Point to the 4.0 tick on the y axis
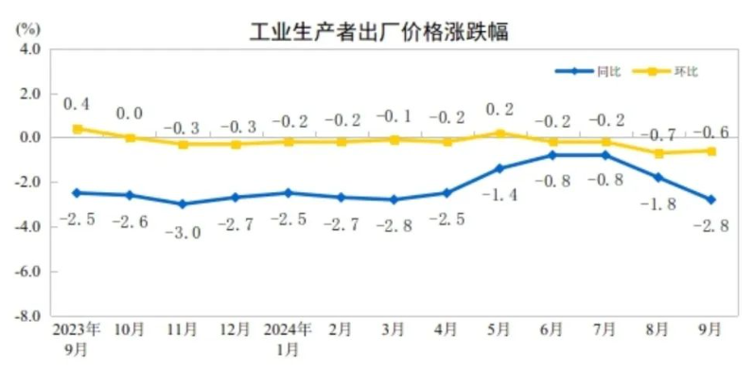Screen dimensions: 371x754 tap(29, 49)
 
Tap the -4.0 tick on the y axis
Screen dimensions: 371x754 tap(27, 227)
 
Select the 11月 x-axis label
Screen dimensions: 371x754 tap(183, 331)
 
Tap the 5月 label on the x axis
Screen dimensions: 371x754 tap(500, 331)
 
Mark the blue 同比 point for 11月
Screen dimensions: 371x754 tap(183, 203)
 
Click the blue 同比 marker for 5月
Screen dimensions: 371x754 tap(500, 168)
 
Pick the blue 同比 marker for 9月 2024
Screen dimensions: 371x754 tap(711, 200)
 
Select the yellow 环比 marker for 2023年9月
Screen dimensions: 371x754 tap(78, 129)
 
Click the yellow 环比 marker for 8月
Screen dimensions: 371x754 tap(658, 153)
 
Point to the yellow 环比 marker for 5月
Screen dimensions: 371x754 tap(500, 133)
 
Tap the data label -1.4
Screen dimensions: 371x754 tap(500, 195)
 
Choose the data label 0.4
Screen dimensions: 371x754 tap(77, 104)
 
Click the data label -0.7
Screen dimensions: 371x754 tap(658, 133)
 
